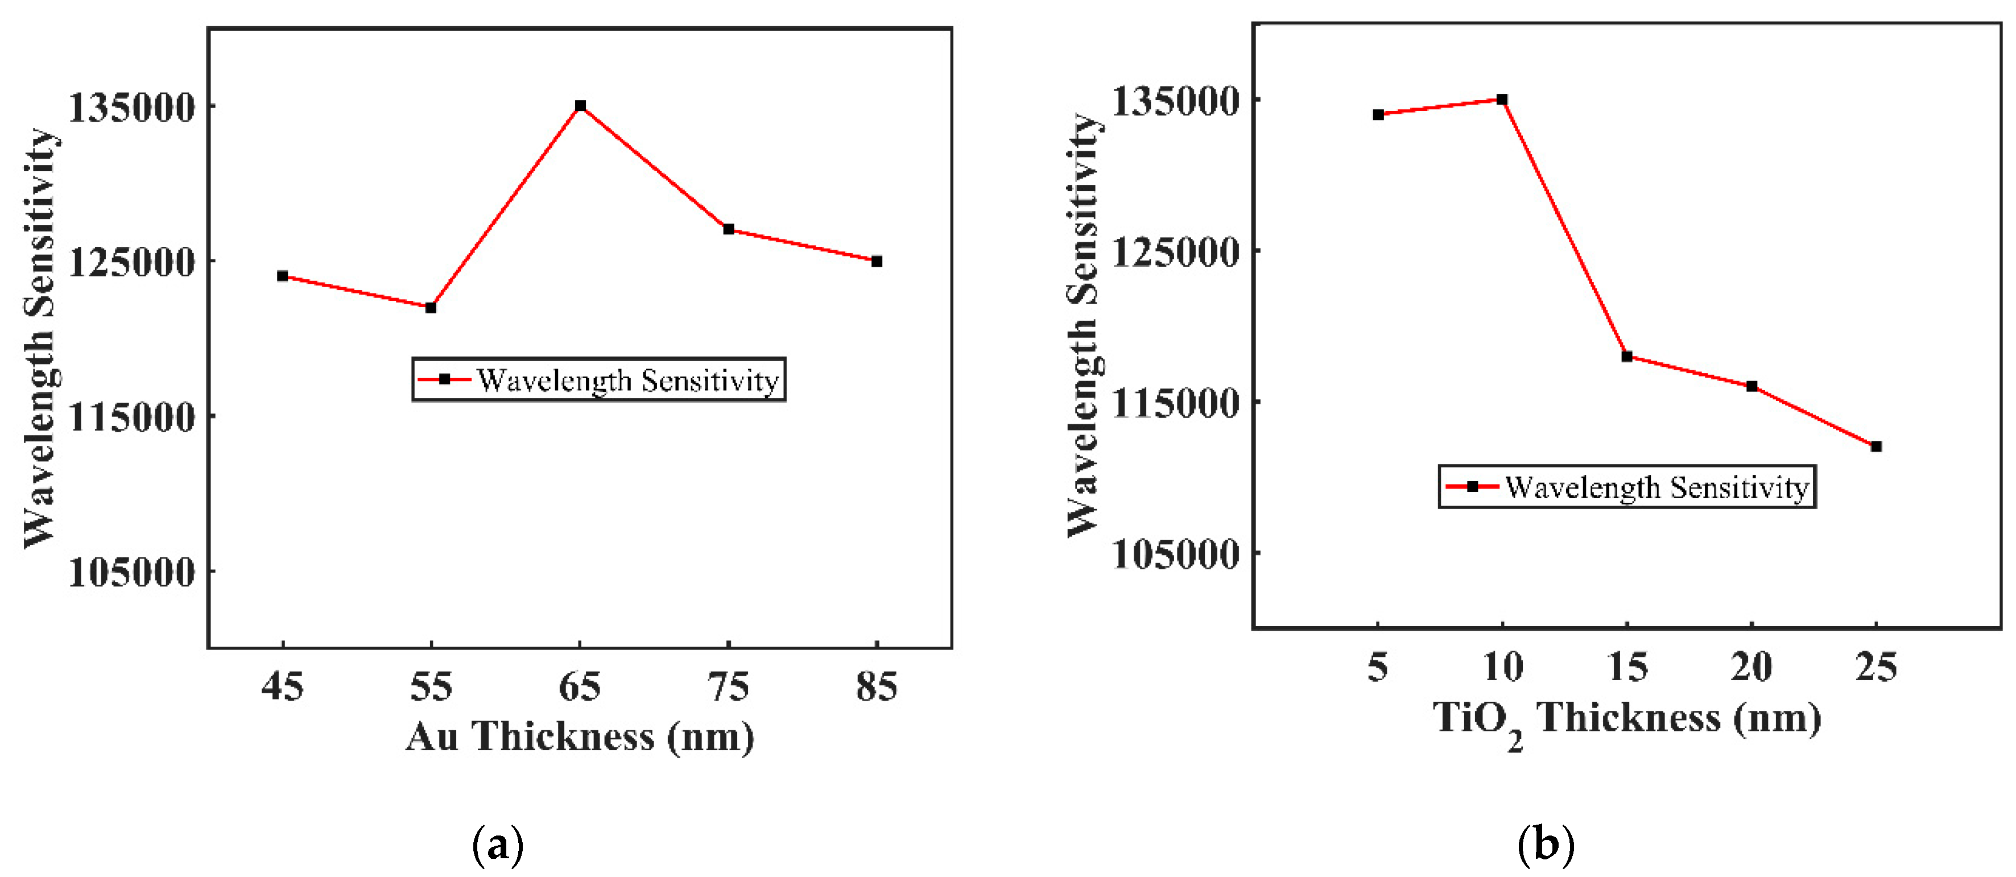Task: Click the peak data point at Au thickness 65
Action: click(580, 106)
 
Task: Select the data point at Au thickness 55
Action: click(431, 308)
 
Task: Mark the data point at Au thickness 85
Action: click(877, 260)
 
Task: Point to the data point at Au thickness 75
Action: click(729, 229)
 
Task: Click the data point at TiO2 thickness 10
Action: click(1502, 100)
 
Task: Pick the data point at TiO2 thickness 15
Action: click(1626, 357)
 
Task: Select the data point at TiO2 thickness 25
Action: click(1876, 446)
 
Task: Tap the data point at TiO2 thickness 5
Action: click(1378, 114)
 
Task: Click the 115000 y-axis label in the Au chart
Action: click(131, 416)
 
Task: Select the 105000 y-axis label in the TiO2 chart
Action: click(1175, 554)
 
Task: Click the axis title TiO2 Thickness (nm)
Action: click(1626, 720)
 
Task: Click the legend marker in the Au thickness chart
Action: click(444, 379)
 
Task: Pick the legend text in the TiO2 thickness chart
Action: click(1656, 487)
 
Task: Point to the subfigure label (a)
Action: click(498, 846)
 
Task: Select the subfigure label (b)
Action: click(1546, 846)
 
